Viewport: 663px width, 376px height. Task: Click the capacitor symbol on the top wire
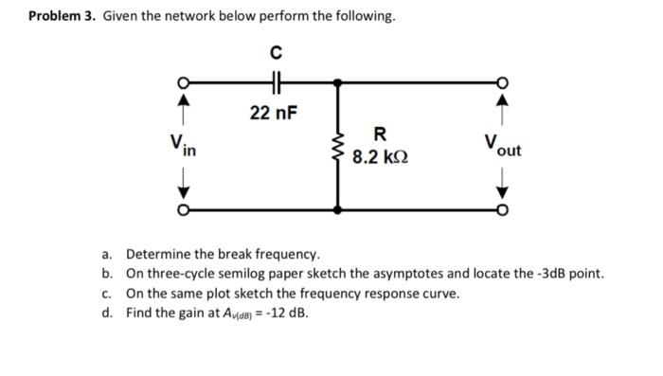click(x=275, y=81)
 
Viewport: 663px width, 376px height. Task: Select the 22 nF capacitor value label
click(x=274, y=114)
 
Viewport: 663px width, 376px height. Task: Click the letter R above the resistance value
click(x=380, y=134)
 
